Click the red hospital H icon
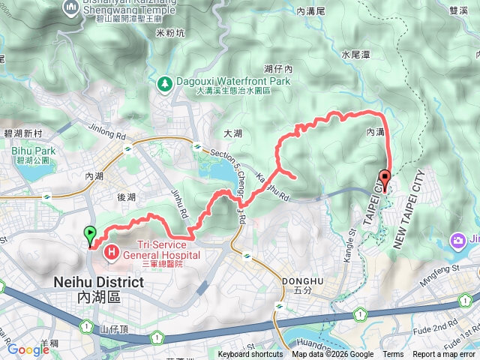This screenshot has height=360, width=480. [x=112, y=251]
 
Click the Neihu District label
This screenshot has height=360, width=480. [x=99, y=283]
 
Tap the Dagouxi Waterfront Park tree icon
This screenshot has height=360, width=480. [x=164, y=82]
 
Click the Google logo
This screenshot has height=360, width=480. [x=28, y=349]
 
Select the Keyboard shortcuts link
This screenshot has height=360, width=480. [x=250, y=355]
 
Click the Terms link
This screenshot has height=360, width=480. [x=393, y=355]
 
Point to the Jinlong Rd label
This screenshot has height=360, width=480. [x=107, y=132]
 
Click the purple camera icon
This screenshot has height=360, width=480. [x=457, y=241]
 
